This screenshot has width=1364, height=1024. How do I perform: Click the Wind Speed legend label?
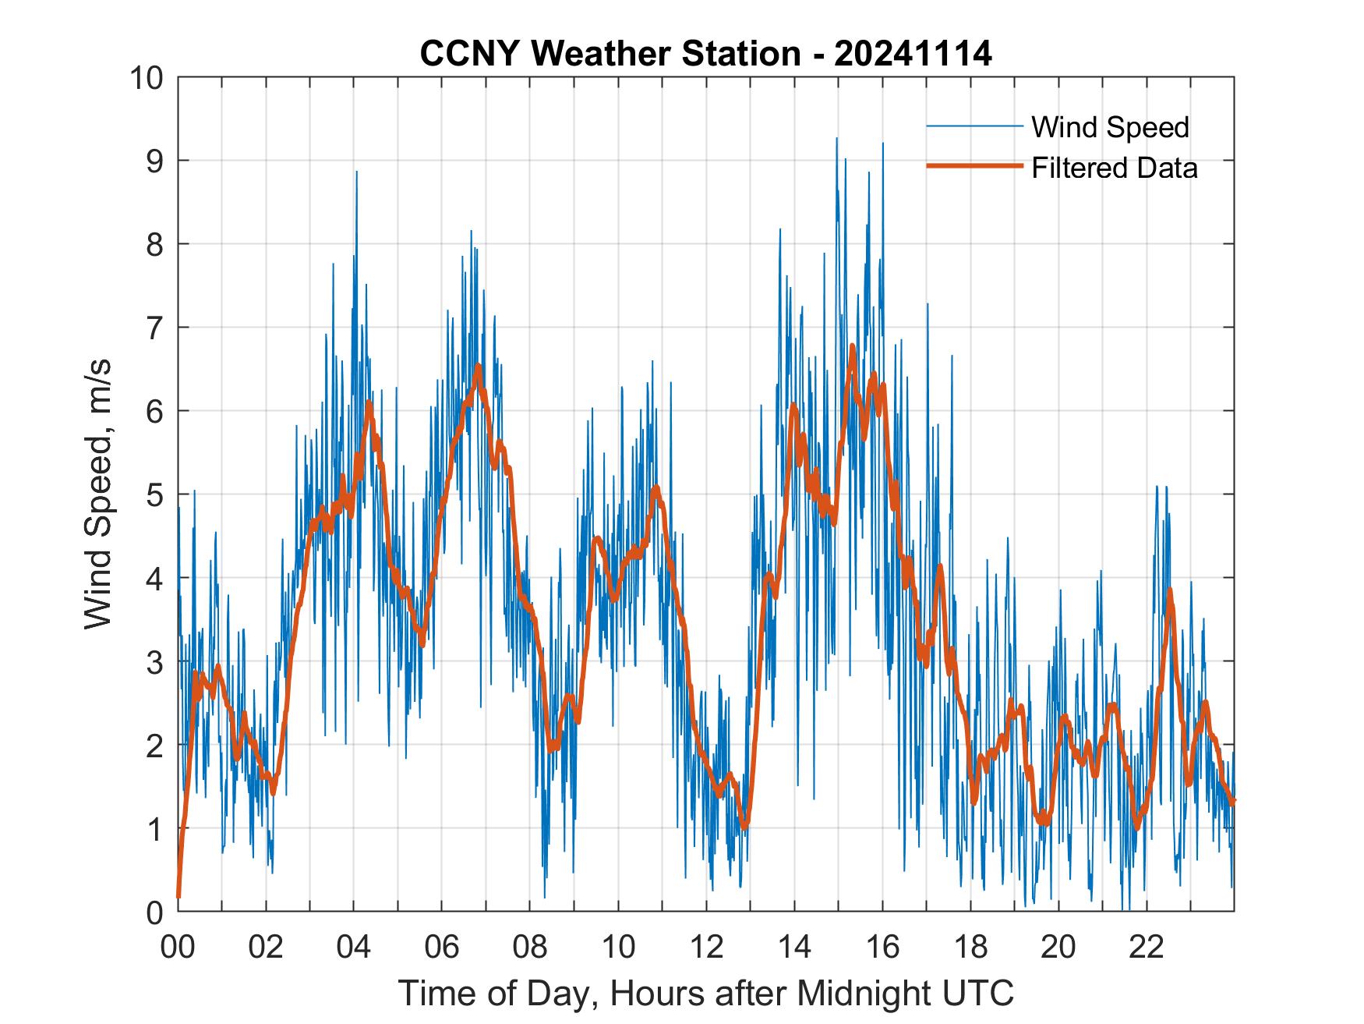[1110, 127]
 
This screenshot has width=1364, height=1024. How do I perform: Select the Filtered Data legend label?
[1114, 168]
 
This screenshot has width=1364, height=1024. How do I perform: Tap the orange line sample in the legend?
[974, 166]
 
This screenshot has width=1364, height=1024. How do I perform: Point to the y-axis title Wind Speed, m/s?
[98, 494]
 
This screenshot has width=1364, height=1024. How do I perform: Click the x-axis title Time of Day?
[705, 993]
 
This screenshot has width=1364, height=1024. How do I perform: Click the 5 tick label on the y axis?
[154, 494]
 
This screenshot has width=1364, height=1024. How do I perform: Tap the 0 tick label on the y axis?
[154, 912]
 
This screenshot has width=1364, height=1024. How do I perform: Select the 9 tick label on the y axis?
[154, 161]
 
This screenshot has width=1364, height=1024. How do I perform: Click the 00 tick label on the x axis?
[178, 947]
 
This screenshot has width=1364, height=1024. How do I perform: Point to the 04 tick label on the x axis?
[354, 947]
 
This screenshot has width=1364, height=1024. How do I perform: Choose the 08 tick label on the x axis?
[530, 947]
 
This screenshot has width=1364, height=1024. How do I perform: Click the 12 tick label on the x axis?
[706, 947]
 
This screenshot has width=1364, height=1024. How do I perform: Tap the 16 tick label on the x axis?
[882, 947]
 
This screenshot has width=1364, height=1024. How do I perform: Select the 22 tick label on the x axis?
[1147, 947]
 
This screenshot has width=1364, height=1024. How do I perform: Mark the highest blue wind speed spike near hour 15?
[836, 139]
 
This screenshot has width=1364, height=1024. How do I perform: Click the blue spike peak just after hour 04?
[356, 172]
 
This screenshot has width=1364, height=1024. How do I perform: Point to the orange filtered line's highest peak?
[852, 345]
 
